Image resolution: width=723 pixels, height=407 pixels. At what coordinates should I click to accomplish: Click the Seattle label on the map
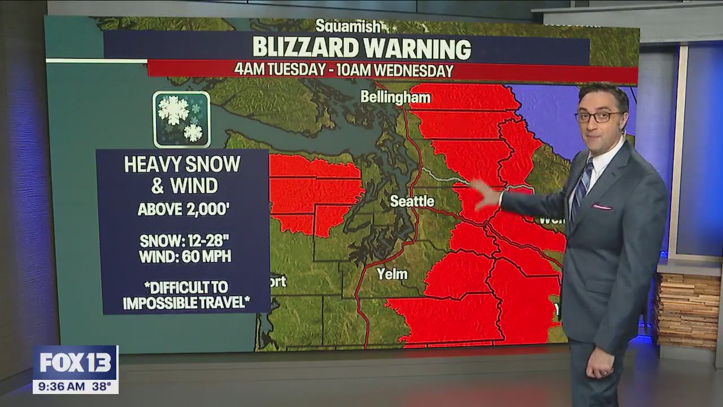coord(412,201)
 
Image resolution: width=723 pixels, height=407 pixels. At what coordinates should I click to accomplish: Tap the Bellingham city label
coord(395,97)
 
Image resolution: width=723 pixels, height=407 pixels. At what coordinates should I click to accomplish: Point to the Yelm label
coord(392,274)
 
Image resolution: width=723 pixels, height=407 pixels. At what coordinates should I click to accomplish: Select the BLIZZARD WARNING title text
coord(361,48)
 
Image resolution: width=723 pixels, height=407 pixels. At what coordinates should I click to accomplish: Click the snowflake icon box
coord(181,119)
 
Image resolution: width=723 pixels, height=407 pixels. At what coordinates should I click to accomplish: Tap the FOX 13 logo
coord(75,363)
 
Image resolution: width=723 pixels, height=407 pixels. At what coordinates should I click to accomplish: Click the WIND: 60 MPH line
coord(185,257)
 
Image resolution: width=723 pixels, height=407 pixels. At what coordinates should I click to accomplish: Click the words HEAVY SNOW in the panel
coord(182,164)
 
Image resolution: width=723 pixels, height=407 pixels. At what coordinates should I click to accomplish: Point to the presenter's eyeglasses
coord(599,117)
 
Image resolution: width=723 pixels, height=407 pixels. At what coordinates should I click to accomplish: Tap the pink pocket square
coord(602,207)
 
